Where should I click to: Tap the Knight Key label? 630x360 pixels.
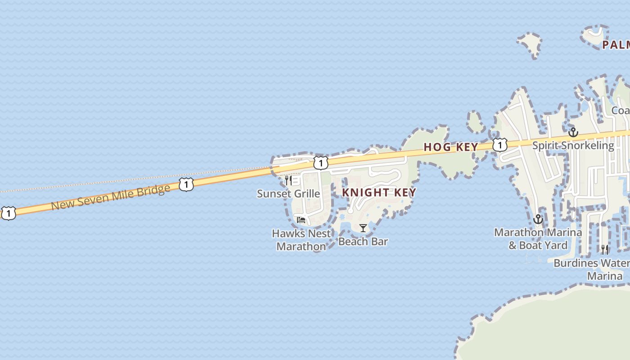point(379,193)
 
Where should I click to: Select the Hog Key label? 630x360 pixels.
point(451,147)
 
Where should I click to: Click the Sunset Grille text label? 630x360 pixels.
point(288,194)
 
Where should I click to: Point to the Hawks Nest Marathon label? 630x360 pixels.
point(301,240)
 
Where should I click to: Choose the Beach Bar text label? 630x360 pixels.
point(363,242)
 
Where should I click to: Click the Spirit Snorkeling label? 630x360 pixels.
point(573,145)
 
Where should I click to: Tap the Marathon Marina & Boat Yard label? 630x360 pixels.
point(538,239)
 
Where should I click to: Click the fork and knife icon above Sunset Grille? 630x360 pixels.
point(288,180)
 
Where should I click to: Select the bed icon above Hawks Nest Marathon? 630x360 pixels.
point(301,220)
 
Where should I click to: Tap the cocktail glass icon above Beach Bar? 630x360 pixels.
point(363,228)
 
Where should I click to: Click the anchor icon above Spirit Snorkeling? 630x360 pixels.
point(573,132)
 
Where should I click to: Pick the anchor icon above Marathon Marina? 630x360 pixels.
point(538,220)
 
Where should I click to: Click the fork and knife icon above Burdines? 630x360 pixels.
point(604,249)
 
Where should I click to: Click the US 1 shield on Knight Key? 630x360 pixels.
point(320,162)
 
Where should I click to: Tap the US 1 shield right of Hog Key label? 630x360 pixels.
point(499,145)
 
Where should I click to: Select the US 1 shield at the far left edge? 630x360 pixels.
point(8,213)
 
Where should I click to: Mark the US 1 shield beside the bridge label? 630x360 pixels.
point(186,184)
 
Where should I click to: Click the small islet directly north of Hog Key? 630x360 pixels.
point(475,121)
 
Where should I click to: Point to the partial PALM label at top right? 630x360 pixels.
point(616,45)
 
